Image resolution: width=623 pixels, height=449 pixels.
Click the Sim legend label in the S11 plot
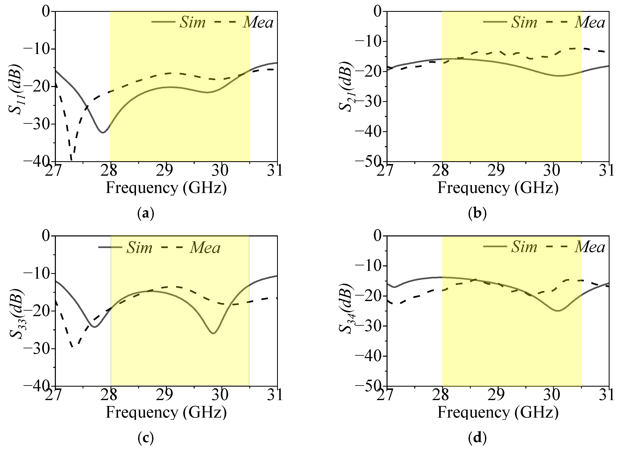(x=192, y=22)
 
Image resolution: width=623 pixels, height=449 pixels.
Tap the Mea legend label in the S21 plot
(x=590, y=22)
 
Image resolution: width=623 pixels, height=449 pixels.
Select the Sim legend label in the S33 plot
(x=139, y=248)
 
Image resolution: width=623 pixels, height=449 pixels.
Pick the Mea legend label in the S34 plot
(x=590, y=247)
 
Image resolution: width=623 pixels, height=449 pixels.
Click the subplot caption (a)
(x=146, y=213)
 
